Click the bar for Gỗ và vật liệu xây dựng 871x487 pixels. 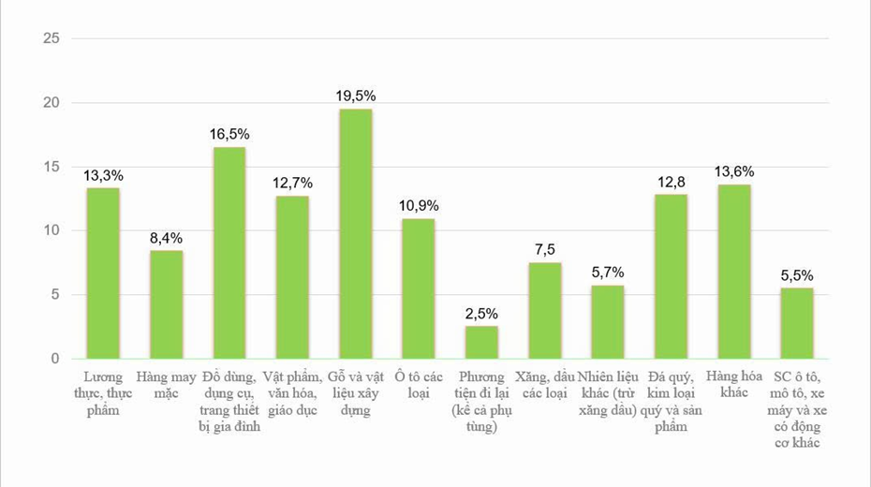(356, 234)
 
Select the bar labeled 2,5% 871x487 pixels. (481, 342)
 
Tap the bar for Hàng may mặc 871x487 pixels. (166, 305)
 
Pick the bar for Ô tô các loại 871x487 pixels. (419, 288)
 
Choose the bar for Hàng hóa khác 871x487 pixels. (734, 272)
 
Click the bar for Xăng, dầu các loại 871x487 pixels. (545, 310)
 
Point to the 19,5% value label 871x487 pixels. (356, 96)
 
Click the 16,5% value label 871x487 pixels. (229, 134)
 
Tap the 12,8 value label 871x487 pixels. (671, 182)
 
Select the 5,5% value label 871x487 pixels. (797, 275)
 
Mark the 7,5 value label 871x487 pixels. (545, 250)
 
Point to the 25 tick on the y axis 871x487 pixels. (52, 38)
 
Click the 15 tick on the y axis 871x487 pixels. (52, 167)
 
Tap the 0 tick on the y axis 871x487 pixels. (55, 359)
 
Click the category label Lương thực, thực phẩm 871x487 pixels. (103, 393)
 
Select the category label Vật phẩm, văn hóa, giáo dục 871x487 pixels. (292, 393)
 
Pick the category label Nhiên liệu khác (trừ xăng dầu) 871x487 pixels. (608, 393)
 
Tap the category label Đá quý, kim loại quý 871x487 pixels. (671, 385)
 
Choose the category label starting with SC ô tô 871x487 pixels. (797, 410)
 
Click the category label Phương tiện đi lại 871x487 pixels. (481, 385)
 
